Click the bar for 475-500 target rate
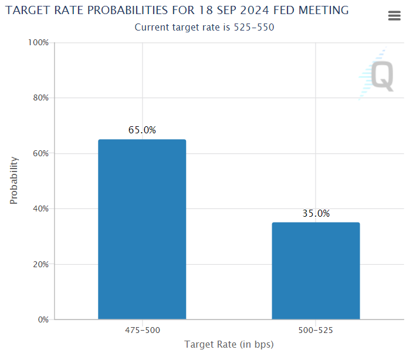(x=142, y=230)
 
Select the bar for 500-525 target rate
(x=316, y=271)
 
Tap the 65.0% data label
(x=142, y=130)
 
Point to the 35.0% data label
(x=316, y=214)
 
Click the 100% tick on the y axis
(x=39, y=43)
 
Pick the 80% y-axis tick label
(x=40, y=98)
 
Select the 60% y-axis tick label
(x=40, y=153)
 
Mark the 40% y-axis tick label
(x=40, y=209)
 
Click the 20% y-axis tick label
(x=40, y=264)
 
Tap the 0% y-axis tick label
(x=43, y=320)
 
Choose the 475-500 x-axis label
(x=142, y=331)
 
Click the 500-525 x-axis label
(x=316, y=331)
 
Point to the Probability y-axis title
(x=14, y=180)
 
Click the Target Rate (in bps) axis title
(x=229, y=344)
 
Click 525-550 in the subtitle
(x=255, y=27)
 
